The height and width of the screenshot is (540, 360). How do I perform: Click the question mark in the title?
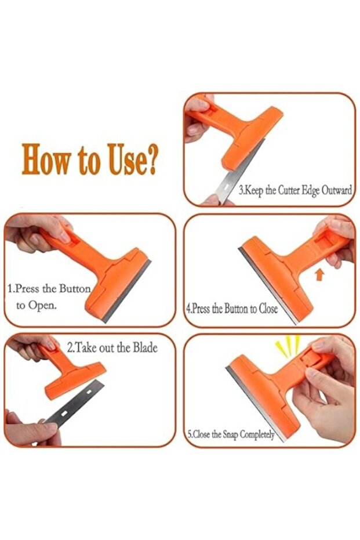point(149,160)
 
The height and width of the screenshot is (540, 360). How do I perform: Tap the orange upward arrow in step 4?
point(320,275)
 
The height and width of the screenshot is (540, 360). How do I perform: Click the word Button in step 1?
point(75,288)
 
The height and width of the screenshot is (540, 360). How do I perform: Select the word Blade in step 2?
point(146,347)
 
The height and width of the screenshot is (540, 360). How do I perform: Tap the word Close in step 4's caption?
point(268,309)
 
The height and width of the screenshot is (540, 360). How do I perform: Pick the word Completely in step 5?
point(257,434)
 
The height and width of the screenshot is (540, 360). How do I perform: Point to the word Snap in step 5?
point(230,434)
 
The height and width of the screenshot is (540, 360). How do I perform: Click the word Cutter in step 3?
point(289,190)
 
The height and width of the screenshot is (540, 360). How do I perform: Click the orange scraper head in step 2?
point(75,380)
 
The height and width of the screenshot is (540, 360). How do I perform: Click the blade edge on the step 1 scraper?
point(126,291)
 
